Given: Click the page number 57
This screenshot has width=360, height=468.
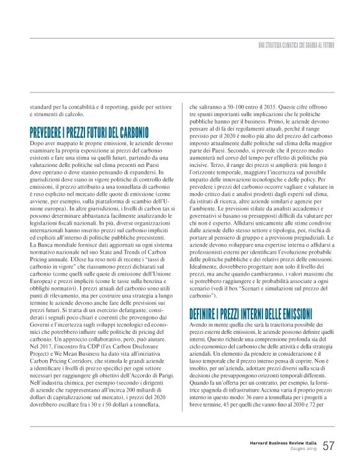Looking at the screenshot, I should (x=329, y=446).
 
